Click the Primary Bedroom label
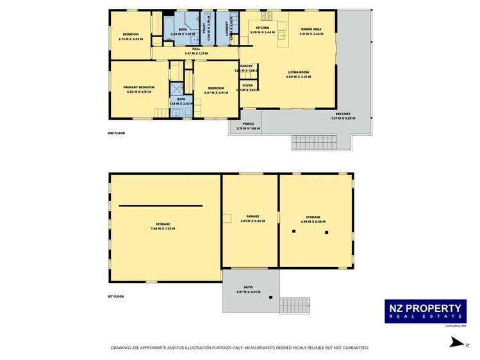139,86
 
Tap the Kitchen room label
263,28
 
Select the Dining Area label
312,28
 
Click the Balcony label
341,114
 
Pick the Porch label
248,124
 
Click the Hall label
188,49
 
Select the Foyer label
247,85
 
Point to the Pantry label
246,66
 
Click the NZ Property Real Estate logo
425,311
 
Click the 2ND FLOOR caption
116,133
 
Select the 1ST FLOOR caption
116,296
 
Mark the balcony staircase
314,142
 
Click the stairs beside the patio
295,305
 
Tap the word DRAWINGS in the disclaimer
122,348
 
